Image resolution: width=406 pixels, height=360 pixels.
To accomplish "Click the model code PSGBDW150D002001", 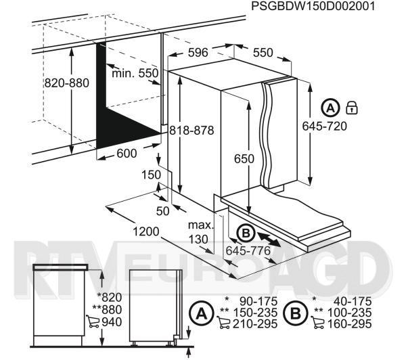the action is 313,5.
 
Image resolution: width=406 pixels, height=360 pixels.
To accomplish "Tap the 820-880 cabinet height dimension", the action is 67,83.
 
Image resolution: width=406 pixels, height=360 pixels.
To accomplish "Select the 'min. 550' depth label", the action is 135,73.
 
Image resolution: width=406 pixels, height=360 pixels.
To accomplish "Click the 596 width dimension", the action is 198,53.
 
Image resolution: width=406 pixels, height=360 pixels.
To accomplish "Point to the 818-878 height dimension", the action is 191,130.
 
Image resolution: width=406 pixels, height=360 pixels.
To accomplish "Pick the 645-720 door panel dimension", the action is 324,126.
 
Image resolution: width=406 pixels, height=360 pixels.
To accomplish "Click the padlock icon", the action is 352,108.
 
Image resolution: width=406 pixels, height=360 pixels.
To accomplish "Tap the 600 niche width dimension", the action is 127,154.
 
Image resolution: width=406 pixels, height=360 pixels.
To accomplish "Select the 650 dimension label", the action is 244,158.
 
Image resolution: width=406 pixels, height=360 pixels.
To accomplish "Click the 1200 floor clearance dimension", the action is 145,231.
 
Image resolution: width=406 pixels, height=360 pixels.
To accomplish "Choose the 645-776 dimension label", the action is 248,250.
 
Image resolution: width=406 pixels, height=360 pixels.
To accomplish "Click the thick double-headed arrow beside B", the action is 269,240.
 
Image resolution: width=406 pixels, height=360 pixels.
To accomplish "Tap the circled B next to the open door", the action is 246,233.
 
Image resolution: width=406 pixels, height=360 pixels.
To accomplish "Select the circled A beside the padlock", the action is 330,108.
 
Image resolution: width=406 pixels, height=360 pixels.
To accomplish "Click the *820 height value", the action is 109,297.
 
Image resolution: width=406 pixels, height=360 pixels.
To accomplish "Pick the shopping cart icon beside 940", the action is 93,321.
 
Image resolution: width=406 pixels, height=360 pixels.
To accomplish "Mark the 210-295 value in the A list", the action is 255,323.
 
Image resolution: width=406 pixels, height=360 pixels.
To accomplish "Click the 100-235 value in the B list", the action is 350,313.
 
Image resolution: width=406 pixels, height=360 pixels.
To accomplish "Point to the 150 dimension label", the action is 151,175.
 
